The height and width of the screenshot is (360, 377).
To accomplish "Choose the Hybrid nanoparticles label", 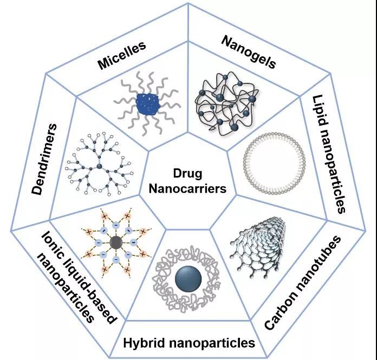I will coord(188,342).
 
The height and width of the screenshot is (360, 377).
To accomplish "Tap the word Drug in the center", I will coord(187,174).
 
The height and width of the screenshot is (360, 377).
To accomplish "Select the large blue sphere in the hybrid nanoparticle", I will coord(188,278).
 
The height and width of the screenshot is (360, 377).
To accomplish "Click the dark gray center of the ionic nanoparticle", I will coord(115,243).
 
